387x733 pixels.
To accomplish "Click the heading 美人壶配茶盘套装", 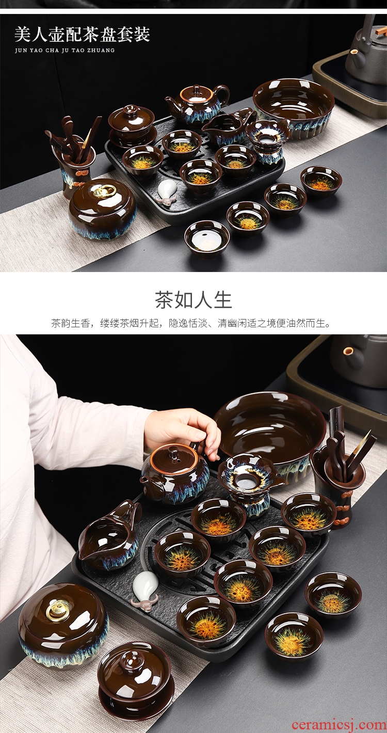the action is [82, 35].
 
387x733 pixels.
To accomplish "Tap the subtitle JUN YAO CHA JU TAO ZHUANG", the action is [65, 51].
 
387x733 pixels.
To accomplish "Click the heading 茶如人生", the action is [193, 299].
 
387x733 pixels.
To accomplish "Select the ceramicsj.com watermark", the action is [338, 724].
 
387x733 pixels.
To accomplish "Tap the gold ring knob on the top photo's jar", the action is [104, 191].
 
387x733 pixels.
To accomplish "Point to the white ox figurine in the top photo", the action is [166, 192].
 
